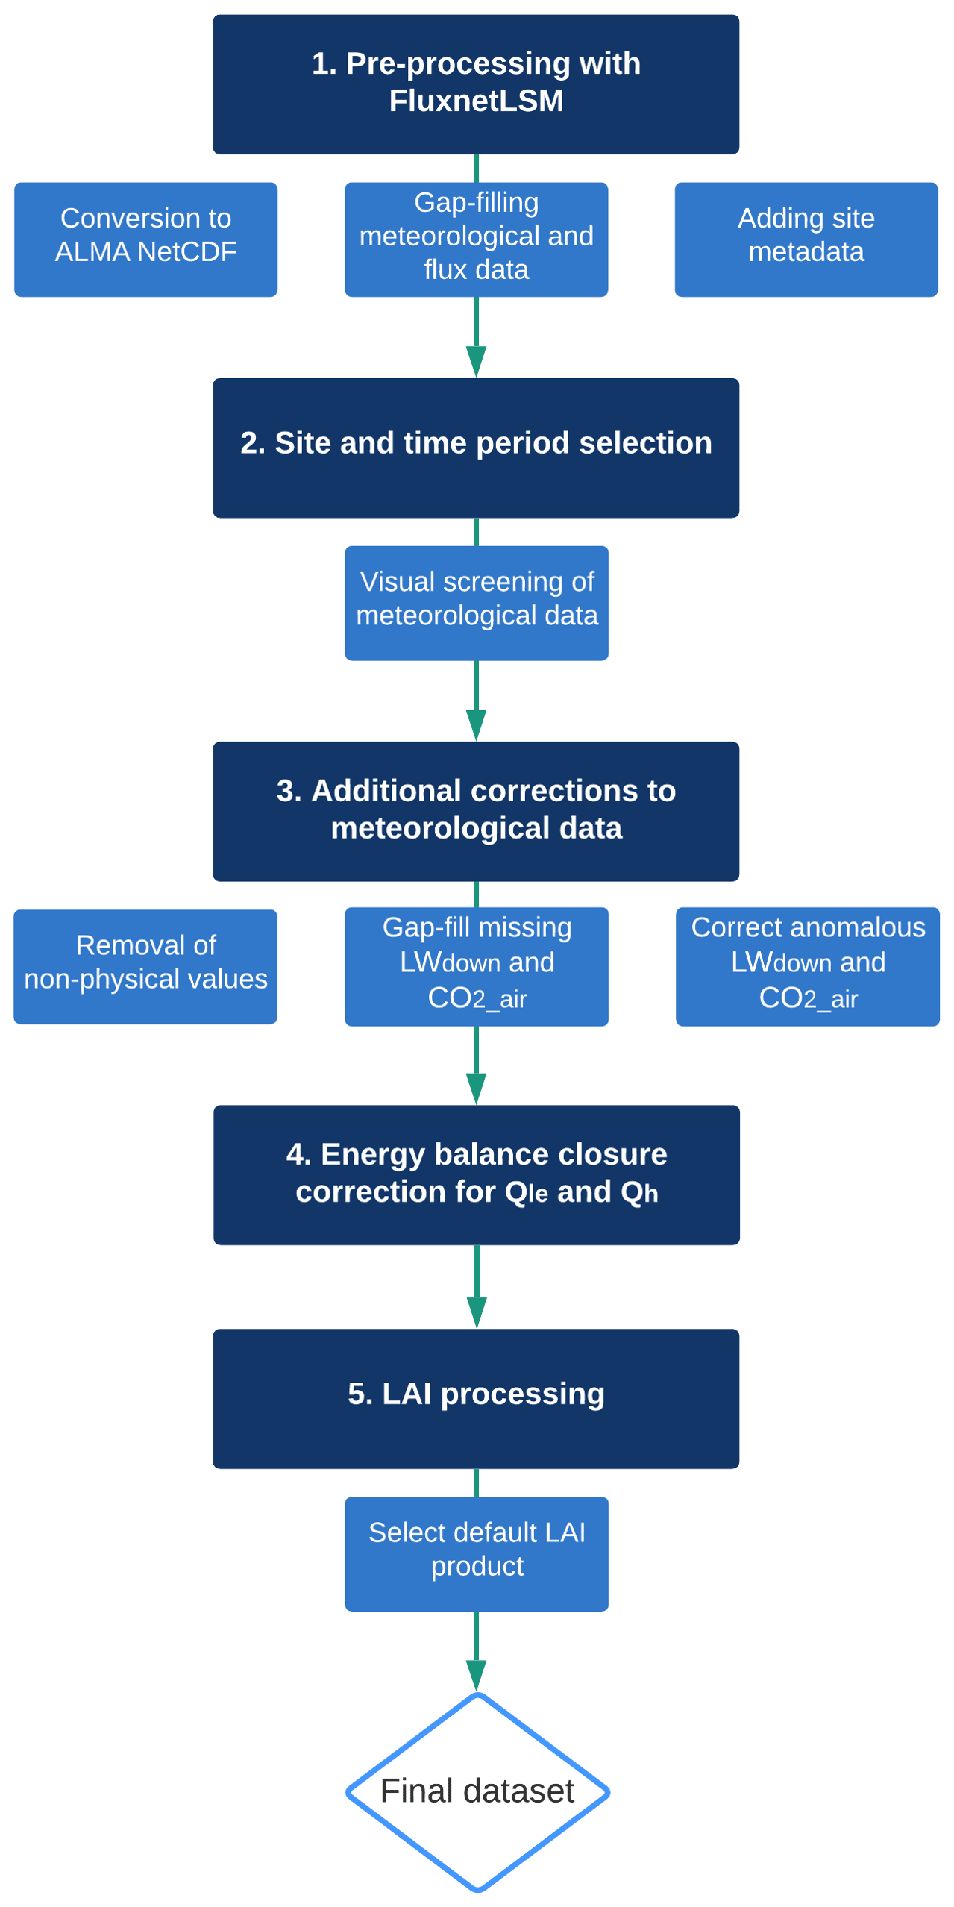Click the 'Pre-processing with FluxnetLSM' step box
(476, 84)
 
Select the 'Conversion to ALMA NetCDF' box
(145, 239)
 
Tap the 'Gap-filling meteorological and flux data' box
(476, 239)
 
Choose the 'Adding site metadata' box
(806, 239)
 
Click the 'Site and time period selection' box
(476, 448)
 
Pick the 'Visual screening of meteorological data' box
(476, 603)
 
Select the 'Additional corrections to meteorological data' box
(476, 811)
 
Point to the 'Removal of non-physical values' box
(145, 966)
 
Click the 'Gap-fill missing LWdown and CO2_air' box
(476, 966)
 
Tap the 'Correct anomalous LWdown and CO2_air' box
(807, 966)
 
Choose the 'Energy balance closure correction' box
(476, 1174)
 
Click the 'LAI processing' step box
(476, 1398)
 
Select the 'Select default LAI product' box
(476, 1553)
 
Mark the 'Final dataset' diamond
(477, 1791)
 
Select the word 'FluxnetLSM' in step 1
(476, 101)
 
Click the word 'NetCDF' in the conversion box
(186, 252)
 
